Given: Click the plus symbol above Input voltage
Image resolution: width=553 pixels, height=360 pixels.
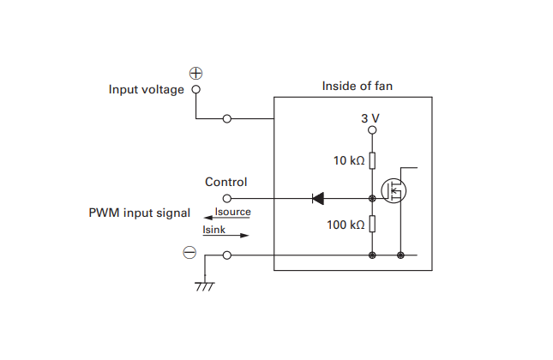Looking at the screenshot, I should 195,74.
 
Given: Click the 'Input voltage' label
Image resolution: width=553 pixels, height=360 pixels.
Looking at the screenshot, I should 146,90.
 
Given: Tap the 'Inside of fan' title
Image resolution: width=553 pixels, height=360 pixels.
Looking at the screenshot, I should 358,86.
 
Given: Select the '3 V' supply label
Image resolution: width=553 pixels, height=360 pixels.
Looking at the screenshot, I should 370,117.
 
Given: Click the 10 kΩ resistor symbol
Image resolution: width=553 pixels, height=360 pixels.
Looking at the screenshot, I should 372,160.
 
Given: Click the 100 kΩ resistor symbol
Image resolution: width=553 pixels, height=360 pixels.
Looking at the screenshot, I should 372,225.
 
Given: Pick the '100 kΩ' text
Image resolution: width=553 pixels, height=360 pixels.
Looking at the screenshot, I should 346,225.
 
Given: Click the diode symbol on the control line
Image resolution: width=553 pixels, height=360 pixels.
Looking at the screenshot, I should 318,198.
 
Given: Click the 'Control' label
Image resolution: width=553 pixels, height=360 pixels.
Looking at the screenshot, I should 226,182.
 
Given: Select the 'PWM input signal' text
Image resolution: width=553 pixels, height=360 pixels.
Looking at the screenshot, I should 140,213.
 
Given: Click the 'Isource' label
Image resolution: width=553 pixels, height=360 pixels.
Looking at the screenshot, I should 232,210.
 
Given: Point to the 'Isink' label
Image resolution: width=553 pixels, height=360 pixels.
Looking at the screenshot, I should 213,230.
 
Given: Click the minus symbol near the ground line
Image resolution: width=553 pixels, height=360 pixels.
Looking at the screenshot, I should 190,253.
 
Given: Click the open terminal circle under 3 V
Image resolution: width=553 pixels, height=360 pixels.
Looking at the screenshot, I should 372,131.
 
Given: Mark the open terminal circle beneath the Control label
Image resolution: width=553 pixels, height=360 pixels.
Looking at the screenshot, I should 226,198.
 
